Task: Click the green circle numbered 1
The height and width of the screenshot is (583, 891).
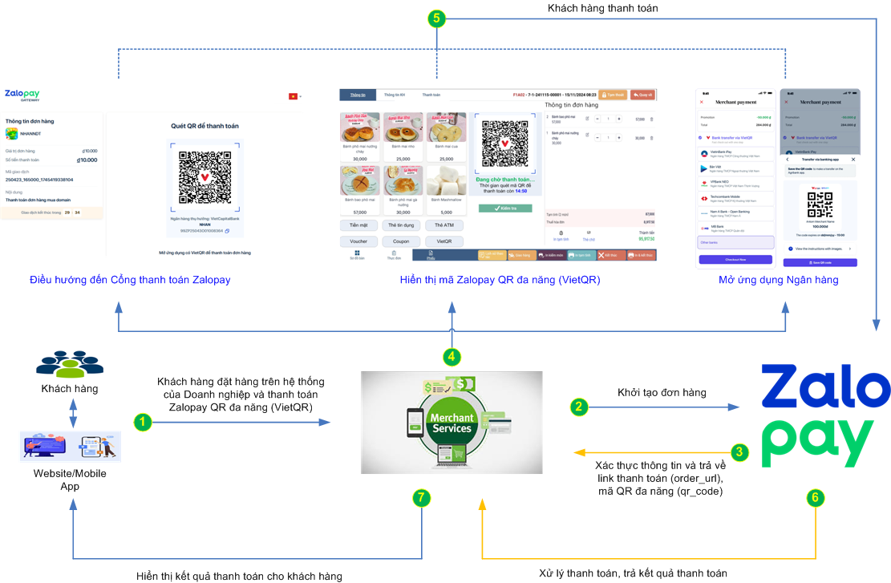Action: pyautogui.click(x=142, y=421)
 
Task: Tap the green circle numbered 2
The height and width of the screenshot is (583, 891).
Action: pyautogui.click(x=578, y=407)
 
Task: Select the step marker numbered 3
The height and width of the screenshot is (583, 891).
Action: pyautogui.click(x=740, y=452)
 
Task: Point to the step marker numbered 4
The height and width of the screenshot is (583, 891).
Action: pyautogui.click(x=452, y=356)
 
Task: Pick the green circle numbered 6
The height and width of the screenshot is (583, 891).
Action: pyautogui.click(x=815, y=498)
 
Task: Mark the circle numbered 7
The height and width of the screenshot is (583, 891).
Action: pyautogui.click(x=422, y=498)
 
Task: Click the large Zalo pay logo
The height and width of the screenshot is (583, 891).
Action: pyautogui.click(x=824, y=415)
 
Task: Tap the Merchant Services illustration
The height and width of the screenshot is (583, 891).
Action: pyautogui.click(x=452, y=421)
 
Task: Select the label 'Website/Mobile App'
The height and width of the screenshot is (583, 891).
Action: pyautogui.click(x=70, y=480)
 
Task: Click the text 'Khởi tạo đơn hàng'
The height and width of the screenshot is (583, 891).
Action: pyautogui.click(x=662, y=393)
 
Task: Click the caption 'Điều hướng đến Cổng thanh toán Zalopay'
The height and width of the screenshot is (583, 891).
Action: pyautogui.click(x=130, y=280)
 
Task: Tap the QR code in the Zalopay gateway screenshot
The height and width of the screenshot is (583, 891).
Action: pyautogui.click(x=205, y=176)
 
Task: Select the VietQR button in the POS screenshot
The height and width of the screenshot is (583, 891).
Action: pyautogui.click(x=443, y=241)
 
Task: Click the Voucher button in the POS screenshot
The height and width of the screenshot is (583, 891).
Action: pyautogui.click(x=358, y=241)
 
